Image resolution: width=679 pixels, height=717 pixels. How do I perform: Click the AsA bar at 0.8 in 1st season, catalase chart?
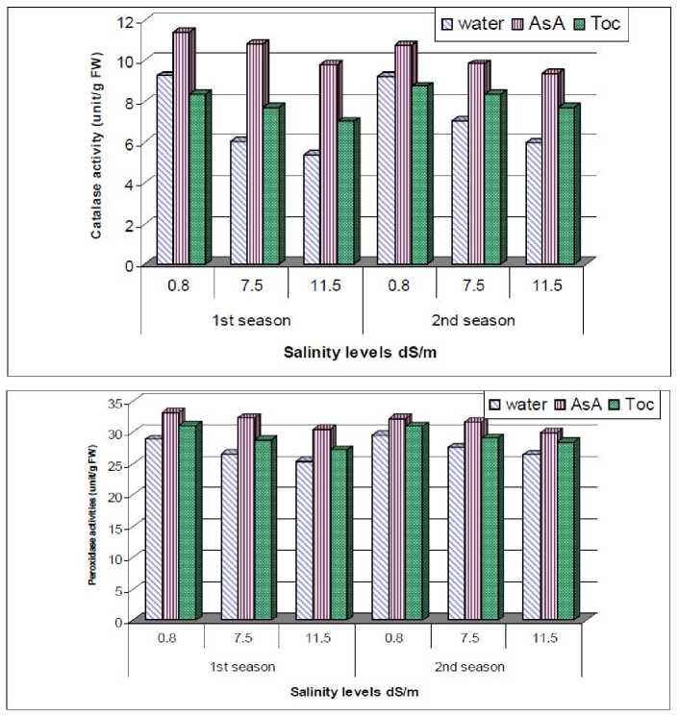[181, 149]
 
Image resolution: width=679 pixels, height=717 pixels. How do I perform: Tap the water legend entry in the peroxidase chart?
[520, 405]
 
